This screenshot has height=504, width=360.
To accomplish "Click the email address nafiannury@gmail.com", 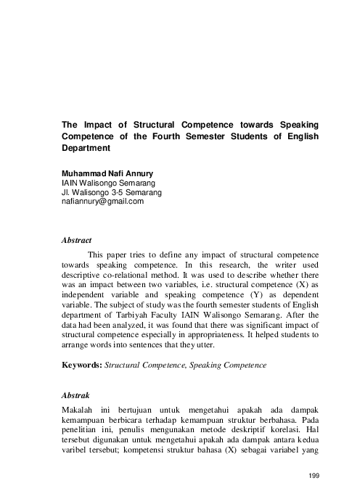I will [103, 202].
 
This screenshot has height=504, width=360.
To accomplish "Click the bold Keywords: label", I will [81, 366].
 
